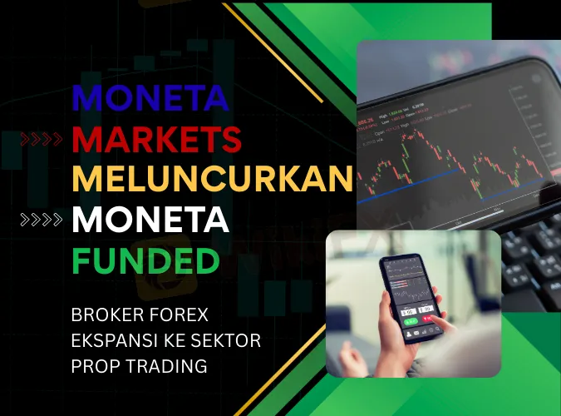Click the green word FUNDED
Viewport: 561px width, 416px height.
click(x=145, y=260)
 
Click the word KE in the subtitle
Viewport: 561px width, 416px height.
click(x=173, y=341)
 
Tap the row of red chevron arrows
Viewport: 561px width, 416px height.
click(x=41, y=140)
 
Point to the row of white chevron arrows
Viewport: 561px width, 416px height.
click(x=41, y=220)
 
